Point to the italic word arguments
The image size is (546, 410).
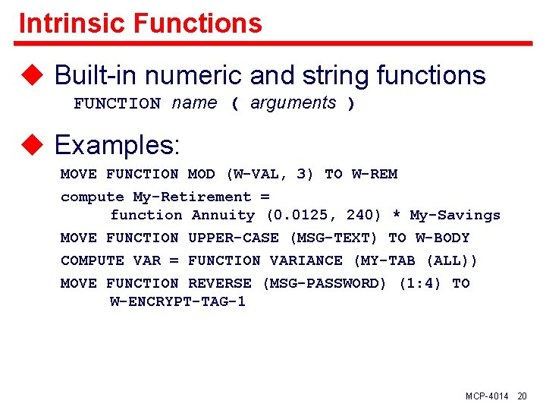293,103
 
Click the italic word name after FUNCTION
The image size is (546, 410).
194,103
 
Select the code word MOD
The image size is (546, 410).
202,174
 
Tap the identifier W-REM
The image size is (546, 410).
374,174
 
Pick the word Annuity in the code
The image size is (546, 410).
223,216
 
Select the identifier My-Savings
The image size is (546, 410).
455,216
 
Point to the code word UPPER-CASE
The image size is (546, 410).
234,238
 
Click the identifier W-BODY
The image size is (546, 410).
442,238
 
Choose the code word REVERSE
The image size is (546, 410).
220,283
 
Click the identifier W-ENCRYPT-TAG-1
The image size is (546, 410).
177,301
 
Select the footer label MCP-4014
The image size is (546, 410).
487,396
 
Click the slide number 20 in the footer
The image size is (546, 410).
522,396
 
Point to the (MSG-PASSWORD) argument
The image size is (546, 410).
325,283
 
